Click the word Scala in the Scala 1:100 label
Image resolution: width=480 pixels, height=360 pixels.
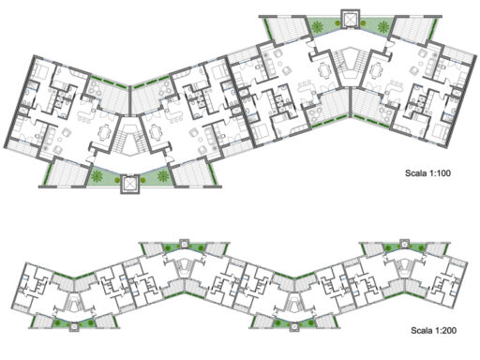pos(414,172)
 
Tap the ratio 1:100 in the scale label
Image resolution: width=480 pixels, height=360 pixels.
pos(439,172)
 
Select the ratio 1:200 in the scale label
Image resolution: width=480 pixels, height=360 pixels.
pos(444,330)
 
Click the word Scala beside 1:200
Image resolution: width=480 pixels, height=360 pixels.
pos(420,330)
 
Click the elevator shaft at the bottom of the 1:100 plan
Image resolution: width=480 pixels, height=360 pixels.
pos(129,184)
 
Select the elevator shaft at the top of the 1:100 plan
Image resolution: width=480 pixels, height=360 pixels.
pos(351,19)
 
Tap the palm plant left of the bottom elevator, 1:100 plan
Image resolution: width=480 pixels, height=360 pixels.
pos(97,176)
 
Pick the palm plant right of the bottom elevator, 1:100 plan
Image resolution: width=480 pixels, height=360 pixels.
pos(163,176)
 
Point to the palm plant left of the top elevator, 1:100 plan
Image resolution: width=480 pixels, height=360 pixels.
pos(318,26)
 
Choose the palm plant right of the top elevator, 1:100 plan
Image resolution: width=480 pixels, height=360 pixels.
pos(383,26)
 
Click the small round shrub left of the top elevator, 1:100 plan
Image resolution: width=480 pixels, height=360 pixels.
pos(337,22)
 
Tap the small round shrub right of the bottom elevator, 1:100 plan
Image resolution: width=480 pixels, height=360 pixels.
pos(142,180)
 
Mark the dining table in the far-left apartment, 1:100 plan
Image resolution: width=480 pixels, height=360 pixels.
pos(104,132)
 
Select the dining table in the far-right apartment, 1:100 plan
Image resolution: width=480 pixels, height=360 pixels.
pos(376,71)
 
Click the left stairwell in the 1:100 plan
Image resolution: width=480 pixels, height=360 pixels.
pos(129,138)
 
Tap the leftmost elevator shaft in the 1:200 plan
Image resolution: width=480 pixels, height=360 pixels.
pos(74,327)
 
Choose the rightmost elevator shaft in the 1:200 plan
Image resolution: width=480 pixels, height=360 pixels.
pos(405,244)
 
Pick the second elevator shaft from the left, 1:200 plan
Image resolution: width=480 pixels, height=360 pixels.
pos(185,244)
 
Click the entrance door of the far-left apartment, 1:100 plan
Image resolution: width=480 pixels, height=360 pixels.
pos(90,158)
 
